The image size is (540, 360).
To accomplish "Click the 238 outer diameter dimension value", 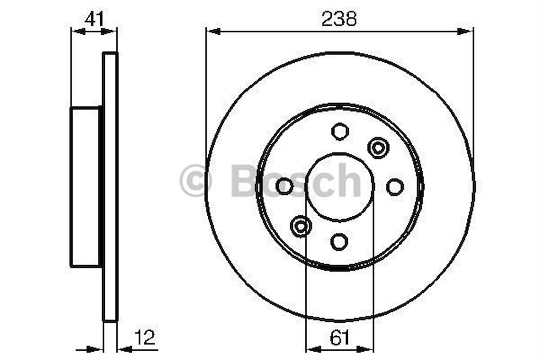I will (x=339, y=19).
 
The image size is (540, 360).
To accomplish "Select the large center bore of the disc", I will (x=340, y=186).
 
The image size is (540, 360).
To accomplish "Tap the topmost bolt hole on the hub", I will (x=340, y=131).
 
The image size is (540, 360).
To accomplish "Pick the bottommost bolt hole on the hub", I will (x=340, y=241).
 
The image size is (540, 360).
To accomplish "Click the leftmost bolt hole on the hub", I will (x=284, y=186).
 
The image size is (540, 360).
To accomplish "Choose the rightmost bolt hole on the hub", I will (x=394, y=186).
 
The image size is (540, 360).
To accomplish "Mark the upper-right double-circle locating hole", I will (x=378, y=147).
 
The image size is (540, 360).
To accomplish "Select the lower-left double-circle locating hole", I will (x=301, y=225).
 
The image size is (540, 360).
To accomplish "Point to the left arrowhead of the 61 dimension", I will (x=312, y=349).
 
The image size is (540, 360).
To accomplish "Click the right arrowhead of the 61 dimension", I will (x=367, y=349).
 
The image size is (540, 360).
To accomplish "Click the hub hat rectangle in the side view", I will (x=85, y=186).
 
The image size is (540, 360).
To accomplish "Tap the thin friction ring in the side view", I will (x=110, y=186).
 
